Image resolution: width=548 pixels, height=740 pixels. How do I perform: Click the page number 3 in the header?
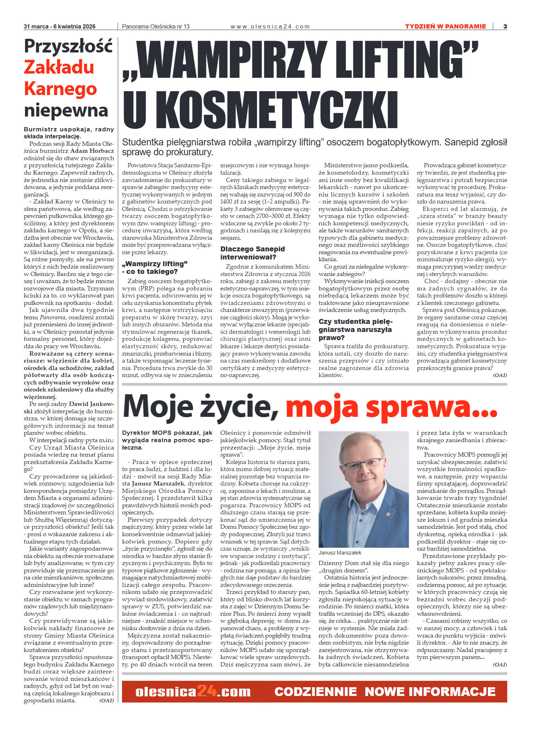[505, 26]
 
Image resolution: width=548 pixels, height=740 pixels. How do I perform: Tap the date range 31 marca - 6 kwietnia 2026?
[59, 27]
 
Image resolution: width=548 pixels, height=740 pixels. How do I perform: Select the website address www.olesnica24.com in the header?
[270, 27]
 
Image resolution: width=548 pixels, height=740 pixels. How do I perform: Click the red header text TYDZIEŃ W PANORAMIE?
[445, 26]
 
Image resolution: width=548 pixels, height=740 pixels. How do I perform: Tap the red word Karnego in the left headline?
[60, 89]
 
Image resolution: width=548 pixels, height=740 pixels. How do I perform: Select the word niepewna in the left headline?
[66, 111]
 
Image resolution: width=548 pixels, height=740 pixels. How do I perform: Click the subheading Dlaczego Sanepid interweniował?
[253, 253]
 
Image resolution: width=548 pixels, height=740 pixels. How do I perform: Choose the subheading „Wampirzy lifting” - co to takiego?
[155, 268]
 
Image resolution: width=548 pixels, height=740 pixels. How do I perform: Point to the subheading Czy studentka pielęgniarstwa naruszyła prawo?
[355, 330]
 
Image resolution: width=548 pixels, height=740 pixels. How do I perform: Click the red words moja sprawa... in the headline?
[391, 407]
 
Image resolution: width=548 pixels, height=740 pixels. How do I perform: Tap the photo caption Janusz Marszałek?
[340, 553]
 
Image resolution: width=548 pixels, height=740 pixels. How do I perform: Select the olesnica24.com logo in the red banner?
[193, 692]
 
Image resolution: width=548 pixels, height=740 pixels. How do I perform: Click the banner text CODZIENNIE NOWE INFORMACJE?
[385, 692]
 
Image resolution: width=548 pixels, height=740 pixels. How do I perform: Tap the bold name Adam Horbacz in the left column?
[95, 151]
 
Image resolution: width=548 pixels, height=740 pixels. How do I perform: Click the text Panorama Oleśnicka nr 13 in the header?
[155, 27]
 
